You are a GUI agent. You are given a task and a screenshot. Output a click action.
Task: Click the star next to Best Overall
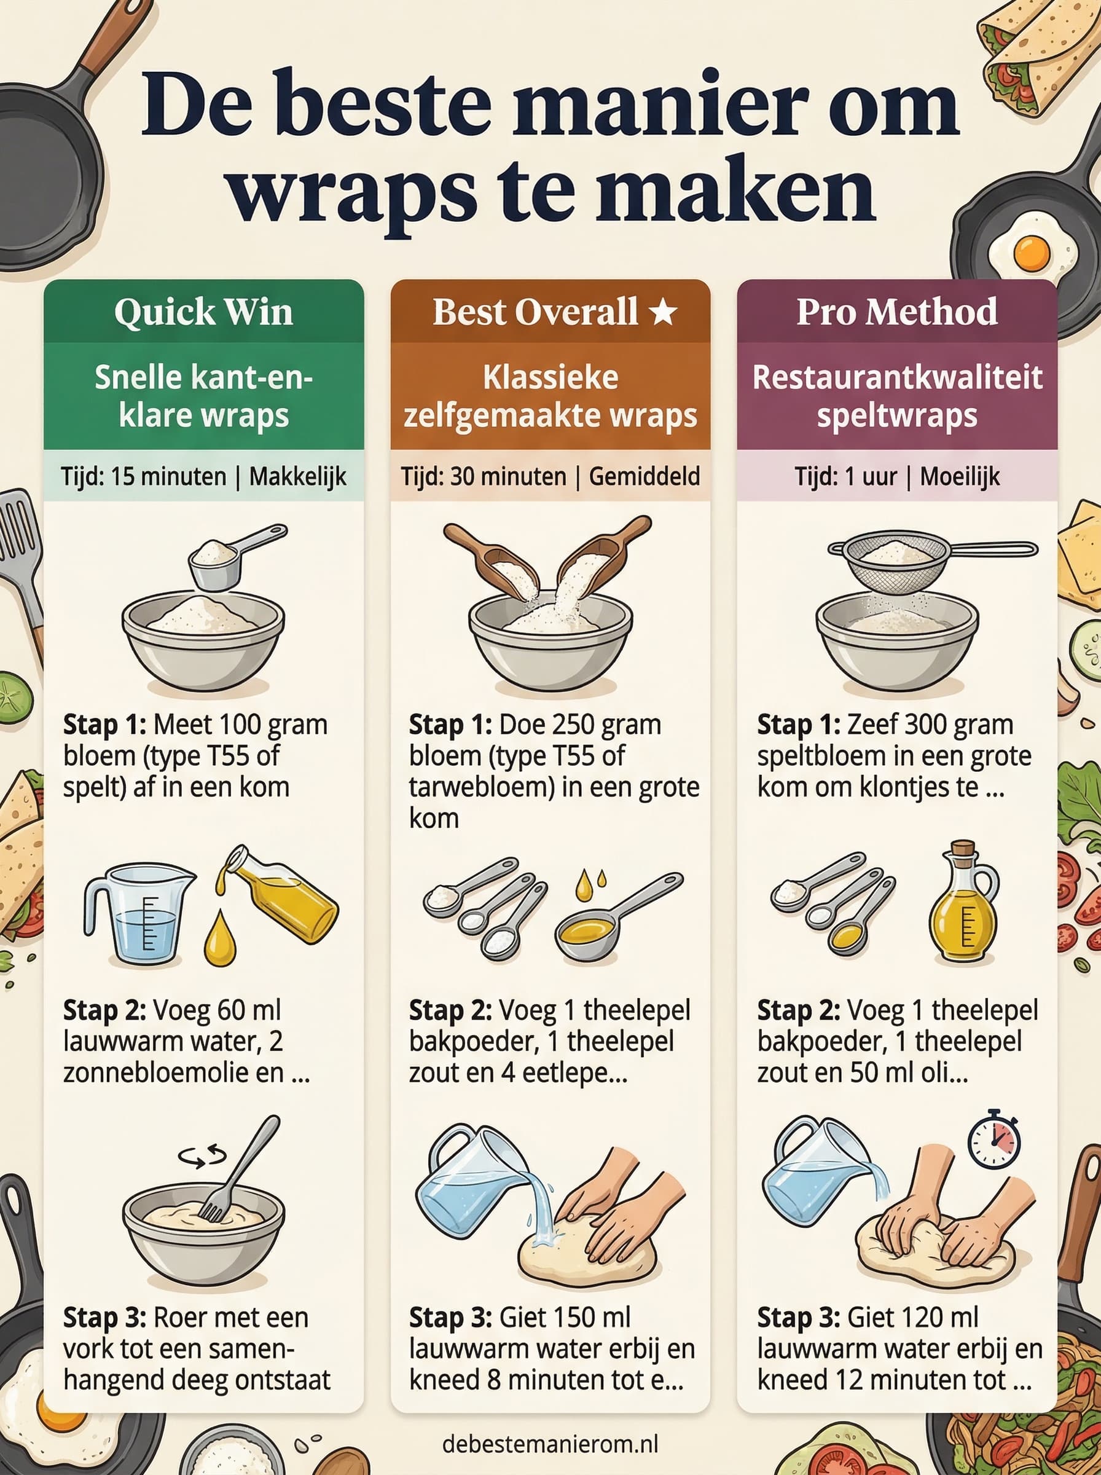663,312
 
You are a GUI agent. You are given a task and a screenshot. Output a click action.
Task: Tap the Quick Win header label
203,312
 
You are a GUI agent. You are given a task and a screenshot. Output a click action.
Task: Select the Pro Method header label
897,312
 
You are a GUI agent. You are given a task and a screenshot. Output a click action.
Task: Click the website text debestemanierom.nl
550,1444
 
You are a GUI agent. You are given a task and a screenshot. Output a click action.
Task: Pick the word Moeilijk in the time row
960,476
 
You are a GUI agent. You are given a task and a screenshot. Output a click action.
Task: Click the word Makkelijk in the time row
298,476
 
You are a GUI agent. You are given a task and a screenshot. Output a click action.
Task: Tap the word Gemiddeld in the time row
645,476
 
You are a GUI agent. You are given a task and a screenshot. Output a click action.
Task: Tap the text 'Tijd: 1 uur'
845,476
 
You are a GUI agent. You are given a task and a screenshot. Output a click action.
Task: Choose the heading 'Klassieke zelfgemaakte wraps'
550,396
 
